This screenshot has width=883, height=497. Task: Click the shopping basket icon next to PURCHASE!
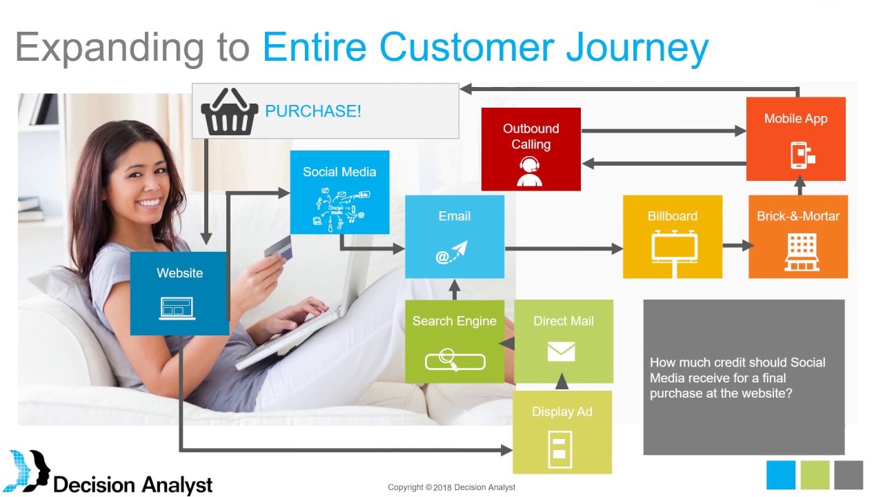[229, 112]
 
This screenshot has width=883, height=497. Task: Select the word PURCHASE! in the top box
[312, 111]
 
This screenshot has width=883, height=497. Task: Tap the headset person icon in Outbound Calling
[529, 172]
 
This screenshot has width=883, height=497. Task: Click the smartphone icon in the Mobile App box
[802, 155]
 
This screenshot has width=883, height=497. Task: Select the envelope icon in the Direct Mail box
[561, 352]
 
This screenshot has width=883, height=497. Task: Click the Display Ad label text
[562, 412]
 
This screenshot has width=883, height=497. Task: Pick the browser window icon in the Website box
[178, 307]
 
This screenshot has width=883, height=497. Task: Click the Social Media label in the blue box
[339, 172]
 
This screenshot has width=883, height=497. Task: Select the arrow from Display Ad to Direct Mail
[562, 382]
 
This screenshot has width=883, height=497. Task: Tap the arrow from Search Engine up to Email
[454, 288]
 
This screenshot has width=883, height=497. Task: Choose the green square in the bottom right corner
[815, 475]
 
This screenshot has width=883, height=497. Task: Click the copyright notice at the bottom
[451, 487]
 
